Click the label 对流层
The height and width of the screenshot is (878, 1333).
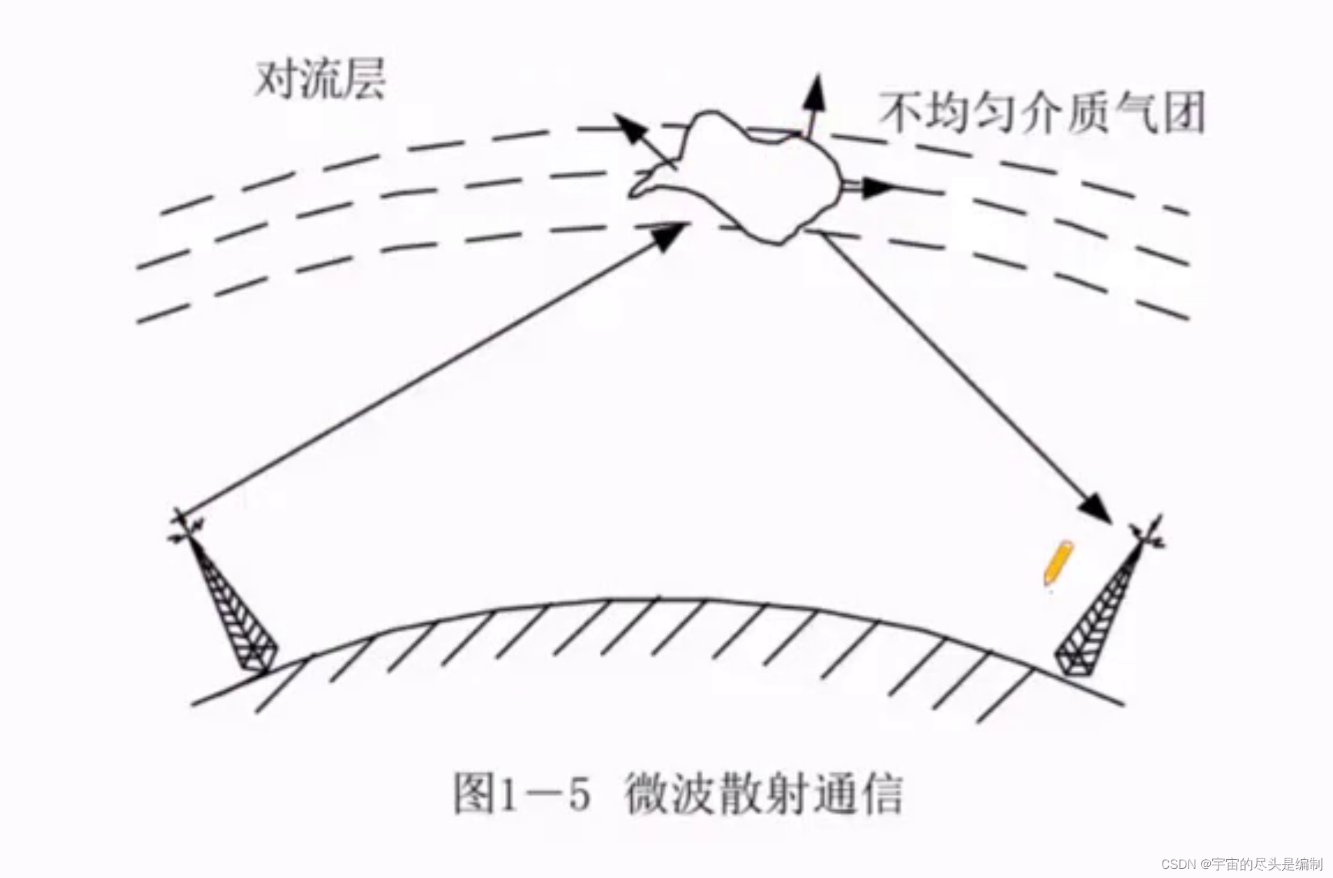coord(320,80)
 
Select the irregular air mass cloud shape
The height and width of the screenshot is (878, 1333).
coord(740,178)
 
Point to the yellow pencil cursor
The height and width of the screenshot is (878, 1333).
coord(1056,563)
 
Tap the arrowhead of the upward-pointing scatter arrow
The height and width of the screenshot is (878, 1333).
coord(814,92)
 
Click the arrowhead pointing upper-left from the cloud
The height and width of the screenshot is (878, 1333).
coord(626,126)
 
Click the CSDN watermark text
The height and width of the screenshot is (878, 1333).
coord(1242,864)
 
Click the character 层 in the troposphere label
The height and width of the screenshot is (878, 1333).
coord(364,80)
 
